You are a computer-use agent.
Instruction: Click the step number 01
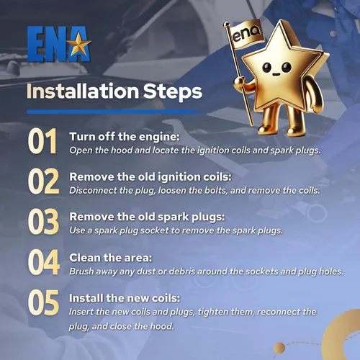click(42, 141)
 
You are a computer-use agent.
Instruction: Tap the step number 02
click(43, 181)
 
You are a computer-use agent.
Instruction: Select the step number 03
click(43, 221)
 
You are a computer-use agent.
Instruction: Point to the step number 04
click(44, 262)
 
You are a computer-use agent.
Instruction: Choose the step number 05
click(43, 302)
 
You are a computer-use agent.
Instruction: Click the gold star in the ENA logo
click(78, 44)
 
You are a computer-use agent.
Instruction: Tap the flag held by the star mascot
click(246, 35)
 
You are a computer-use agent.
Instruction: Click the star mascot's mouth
click(276, 74)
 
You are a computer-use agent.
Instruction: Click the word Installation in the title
click(83, 91)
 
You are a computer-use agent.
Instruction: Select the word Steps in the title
click(173, 92)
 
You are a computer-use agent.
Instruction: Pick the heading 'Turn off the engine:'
click(125, 137)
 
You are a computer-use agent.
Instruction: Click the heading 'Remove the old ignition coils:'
click(150, 177)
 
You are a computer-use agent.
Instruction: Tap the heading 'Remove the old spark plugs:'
click(147, 217)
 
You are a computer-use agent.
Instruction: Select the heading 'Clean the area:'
click(111, 258)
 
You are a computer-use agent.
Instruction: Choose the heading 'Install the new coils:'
click(125, 298)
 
